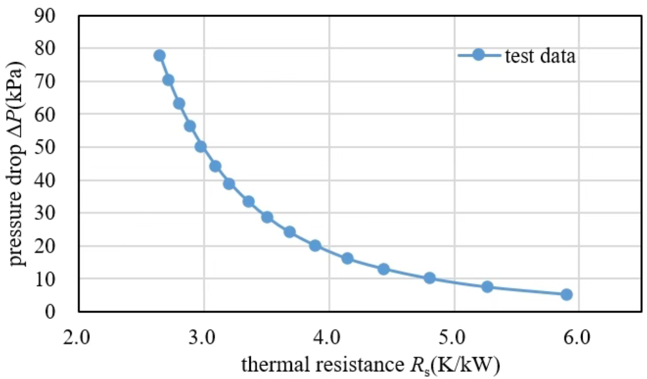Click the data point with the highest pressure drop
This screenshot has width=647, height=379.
[x=159, y=55]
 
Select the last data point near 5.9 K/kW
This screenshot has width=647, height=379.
[x=567, y=294]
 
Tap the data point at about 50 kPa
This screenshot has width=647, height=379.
[x=200, y=146]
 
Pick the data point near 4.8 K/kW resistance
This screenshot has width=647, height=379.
[x=429, y=278]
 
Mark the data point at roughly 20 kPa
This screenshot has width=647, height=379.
[x=315, y=245]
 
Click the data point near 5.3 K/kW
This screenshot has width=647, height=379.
[x=487, y=286]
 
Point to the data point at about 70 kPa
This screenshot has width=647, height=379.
[x=168, y=80]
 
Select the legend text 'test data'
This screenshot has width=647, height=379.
[x=540, y=56]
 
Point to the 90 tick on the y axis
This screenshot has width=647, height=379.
[x=58, y=16]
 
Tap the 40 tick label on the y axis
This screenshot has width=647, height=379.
[x=58, y=180]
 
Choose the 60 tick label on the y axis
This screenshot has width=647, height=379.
[x=58, y=114]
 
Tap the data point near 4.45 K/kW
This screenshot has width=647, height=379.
[x=384, y=269]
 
